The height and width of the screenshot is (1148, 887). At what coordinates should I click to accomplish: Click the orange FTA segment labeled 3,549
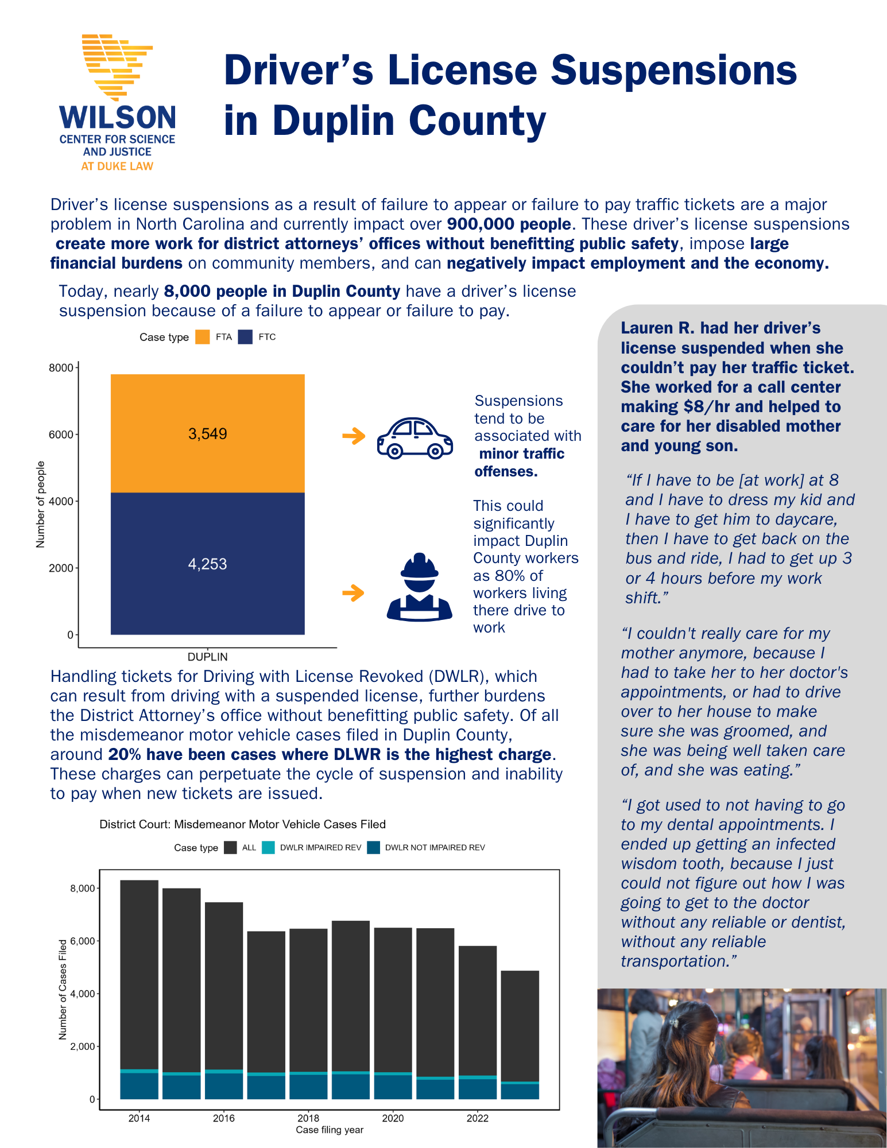[x=207, y=433]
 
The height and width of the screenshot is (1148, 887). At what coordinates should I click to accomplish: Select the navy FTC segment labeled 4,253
[x=207, y=564]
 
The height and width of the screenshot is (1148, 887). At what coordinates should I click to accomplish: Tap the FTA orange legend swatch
[x=202, y=337]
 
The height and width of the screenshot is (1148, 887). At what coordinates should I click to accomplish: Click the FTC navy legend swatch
[x=245, y=337]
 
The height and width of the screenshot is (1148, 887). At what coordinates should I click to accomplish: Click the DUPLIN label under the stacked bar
[x=207, y=657]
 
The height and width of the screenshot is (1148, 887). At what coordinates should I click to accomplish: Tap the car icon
[x=415, y=437]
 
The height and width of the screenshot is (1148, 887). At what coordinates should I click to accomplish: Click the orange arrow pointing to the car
[x=354, y=436]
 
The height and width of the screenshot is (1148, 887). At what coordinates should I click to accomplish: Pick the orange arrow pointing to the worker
[x=353, y=592]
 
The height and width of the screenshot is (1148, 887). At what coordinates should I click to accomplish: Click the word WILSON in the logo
[x=118, y=118]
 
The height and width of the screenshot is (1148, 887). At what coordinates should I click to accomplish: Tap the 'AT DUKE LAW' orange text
[x=117, y=166]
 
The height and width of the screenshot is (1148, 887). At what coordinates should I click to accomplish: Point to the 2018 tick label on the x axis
[x=308, y=1118]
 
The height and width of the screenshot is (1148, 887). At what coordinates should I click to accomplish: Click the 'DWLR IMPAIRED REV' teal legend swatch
[x=268, y=847]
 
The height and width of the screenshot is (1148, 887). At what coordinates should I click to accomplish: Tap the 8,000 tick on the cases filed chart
[x=83, y=888]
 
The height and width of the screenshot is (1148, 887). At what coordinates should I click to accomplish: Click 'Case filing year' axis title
[x=330, y=1130]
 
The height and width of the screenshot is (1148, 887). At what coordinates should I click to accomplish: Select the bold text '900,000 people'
[x=509, y=224]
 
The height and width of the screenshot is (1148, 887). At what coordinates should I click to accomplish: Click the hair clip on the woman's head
[x=675, y=1023]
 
